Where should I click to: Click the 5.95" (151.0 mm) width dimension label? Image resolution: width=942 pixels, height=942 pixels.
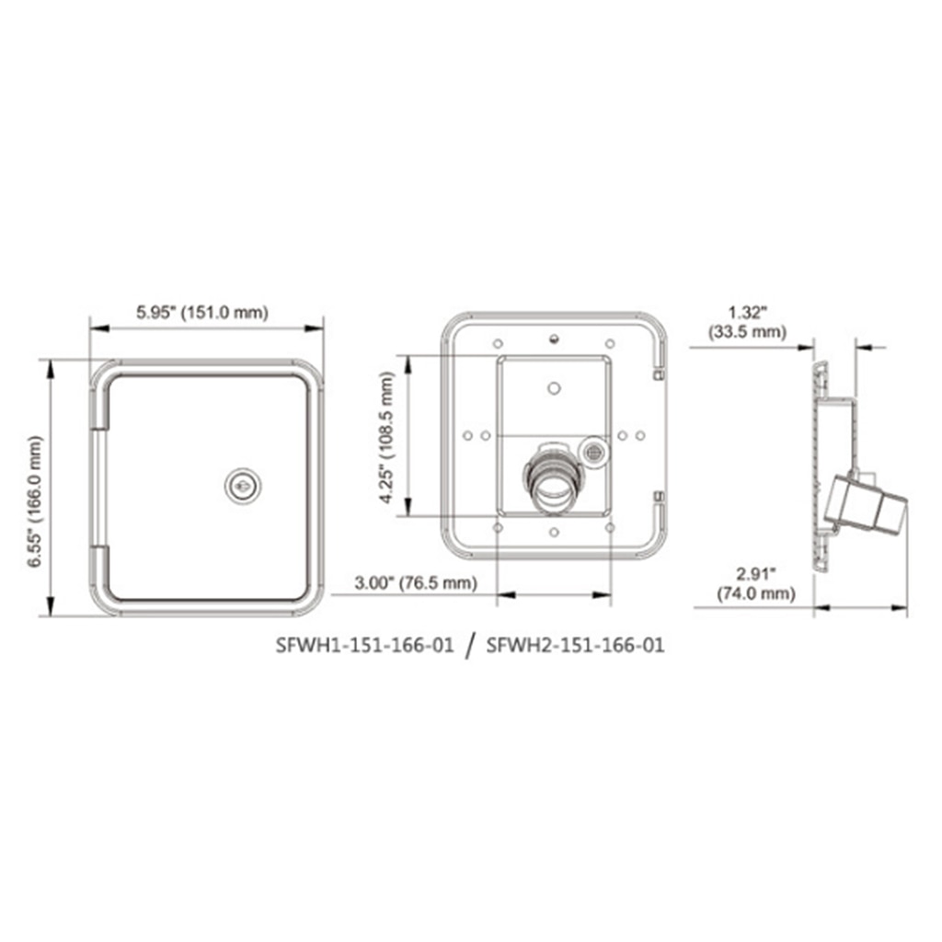[201, 313]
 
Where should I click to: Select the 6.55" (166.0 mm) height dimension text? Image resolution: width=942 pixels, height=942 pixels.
[36, 501]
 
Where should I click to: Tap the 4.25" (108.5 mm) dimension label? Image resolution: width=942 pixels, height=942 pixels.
[387, 437]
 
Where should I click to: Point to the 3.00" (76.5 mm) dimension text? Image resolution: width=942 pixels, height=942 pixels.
[416, 582]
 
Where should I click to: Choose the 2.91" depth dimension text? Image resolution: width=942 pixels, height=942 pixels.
[756, 574]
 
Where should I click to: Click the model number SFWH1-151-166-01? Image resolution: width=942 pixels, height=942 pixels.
[364, 645]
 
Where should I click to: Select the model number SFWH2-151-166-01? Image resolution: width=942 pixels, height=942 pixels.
[575, 645]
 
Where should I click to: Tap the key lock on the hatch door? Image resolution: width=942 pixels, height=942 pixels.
[243, 486]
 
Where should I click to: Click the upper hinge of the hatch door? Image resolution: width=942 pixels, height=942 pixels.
[99, 409]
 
